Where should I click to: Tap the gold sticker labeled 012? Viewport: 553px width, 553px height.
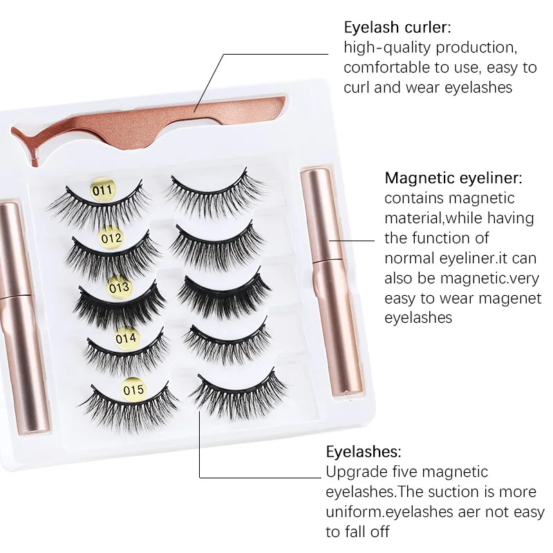111,238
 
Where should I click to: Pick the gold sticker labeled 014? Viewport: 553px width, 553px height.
126,339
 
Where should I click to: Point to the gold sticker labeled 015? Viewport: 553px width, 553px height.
133,390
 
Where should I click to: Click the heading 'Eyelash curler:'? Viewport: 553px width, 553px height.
397,28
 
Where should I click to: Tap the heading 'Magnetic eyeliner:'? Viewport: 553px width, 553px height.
453,178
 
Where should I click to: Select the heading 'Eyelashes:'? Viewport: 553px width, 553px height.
363,452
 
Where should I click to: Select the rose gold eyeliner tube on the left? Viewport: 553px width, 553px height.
15,315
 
